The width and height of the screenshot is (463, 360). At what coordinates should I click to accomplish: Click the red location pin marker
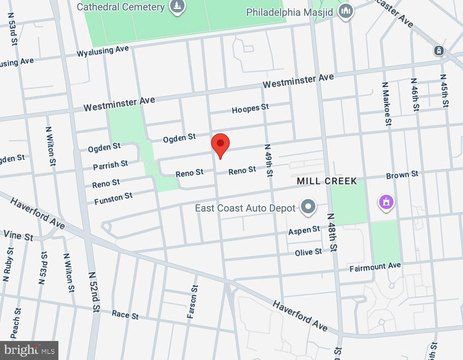221,145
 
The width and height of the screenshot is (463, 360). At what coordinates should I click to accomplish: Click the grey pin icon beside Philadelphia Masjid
346,12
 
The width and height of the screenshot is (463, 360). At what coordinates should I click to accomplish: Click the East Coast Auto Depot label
243,208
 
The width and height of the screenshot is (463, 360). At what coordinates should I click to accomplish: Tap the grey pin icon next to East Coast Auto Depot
308,208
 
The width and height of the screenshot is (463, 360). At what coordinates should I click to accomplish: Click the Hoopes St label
250,108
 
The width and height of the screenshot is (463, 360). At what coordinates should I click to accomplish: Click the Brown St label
402,175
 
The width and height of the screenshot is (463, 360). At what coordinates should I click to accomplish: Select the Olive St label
308,253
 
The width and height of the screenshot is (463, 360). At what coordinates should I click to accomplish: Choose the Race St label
124,314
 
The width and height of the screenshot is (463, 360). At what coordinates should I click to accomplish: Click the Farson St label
191,306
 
